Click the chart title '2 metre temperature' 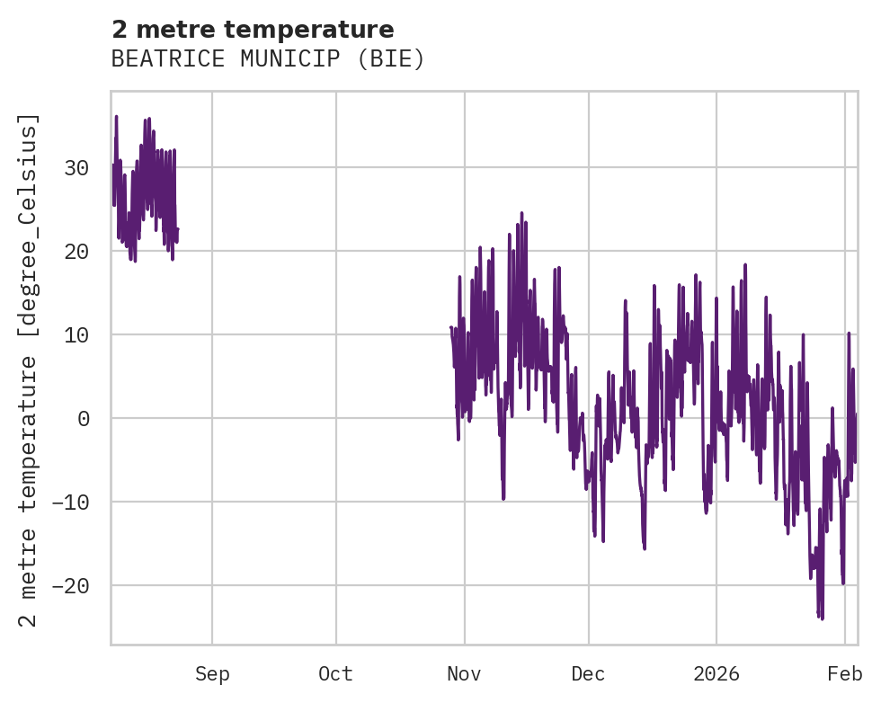point(253,30)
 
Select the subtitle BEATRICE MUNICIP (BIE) point(267,59)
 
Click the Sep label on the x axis point(212,674)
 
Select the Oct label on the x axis point(336,674)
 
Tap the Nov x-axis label point(465,674)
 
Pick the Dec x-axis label point(589,674)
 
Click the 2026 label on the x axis point(716,674)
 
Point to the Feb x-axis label point(845,674)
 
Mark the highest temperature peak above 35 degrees point(116,117)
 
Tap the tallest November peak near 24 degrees point(521,213)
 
